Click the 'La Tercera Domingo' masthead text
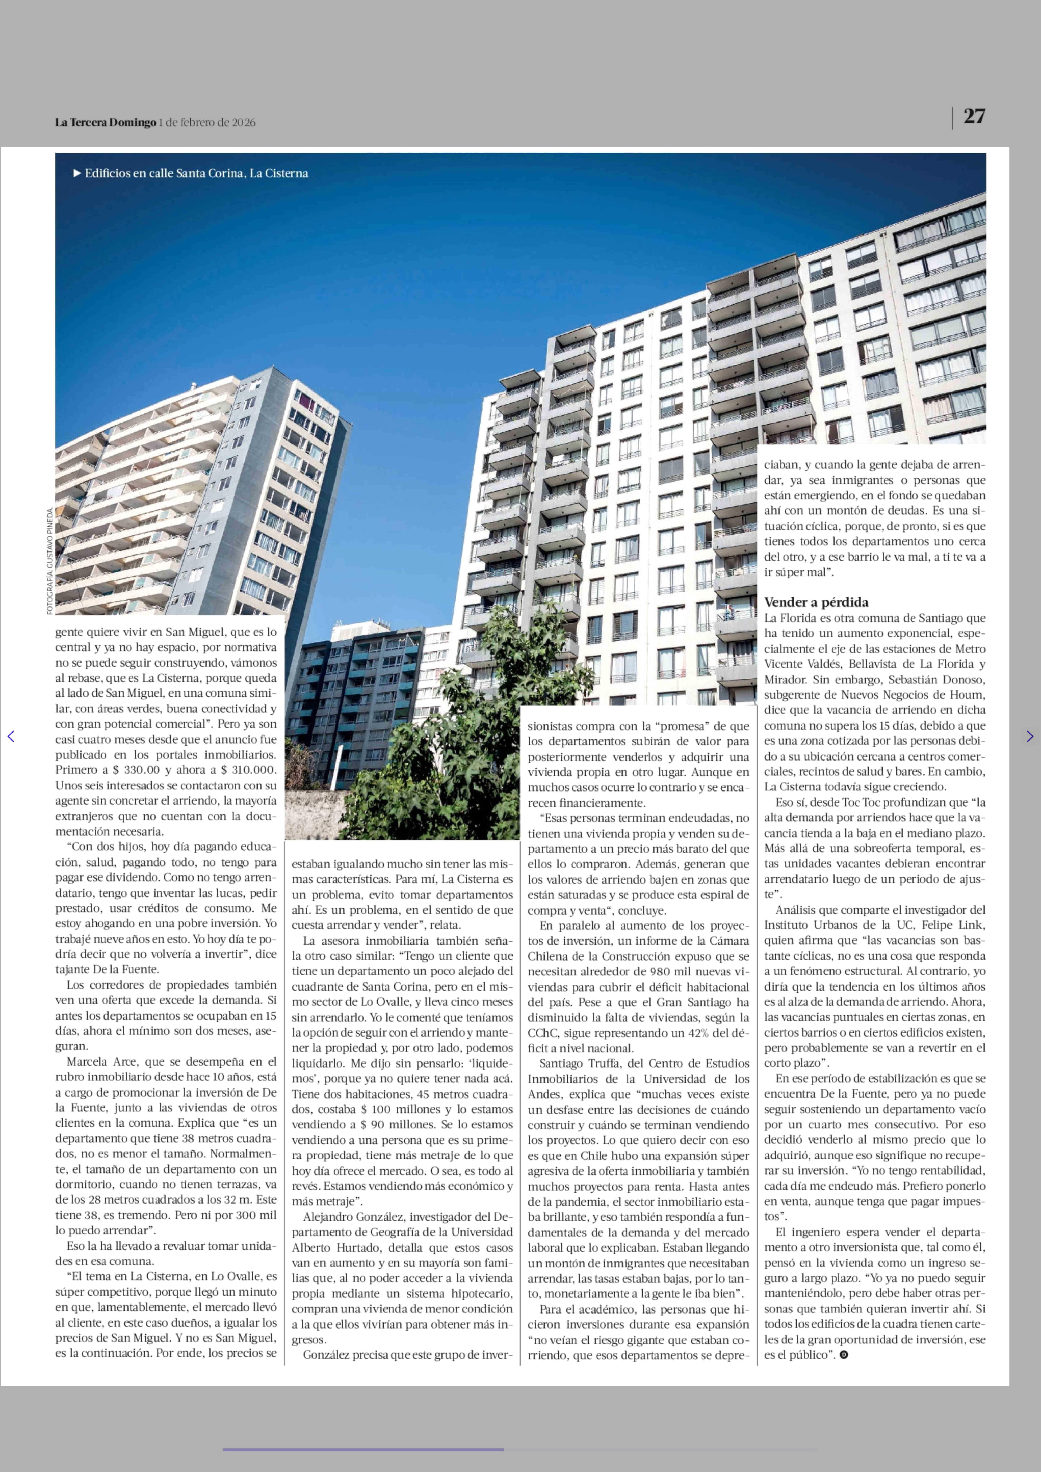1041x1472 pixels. (105, 122)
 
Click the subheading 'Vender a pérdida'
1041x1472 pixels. (816, 602)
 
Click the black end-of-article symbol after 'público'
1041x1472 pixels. (844, 1355)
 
